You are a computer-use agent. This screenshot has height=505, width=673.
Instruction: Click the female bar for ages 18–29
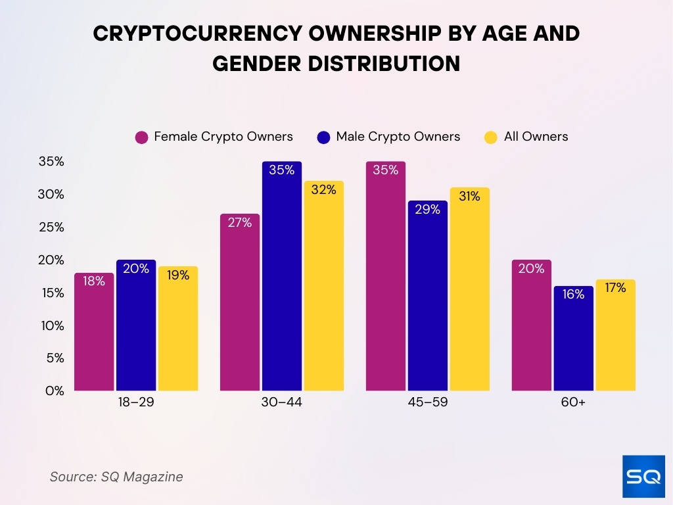(94, 332)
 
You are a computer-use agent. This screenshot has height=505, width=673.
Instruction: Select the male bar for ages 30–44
(282, 276)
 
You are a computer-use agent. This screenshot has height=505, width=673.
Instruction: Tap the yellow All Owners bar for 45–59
(469, 289)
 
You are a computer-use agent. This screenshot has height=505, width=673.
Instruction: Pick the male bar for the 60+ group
(573, 339)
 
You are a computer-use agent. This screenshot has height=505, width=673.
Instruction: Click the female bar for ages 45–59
(386, 276)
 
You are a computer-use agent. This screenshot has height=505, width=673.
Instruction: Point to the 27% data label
(240, 222)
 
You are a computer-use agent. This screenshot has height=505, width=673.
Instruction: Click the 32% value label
(323, 189)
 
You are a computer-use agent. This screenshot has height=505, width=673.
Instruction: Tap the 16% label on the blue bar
(573, 295)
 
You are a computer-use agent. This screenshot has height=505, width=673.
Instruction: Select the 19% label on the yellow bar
(177, 275)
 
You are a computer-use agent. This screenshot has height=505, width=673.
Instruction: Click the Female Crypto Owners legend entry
(214, 137)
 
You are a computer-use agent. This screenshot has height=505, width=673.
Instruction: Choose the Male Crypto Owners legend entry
(388, 137)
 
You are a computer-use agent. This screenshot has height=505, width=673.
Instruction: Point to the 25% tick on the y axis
(51, 227)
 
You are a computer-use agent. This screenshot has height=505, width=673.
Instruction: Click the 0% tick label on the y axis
(55, 391)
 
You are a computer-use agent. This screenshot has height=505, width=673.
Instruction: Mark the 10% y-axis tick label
(51, 325)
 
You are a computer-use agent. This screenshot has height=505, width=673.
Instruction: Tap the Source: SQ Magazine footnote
(116, 477)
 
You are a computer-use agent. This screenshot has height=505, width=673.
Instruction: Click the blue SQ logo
(643, 477)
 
